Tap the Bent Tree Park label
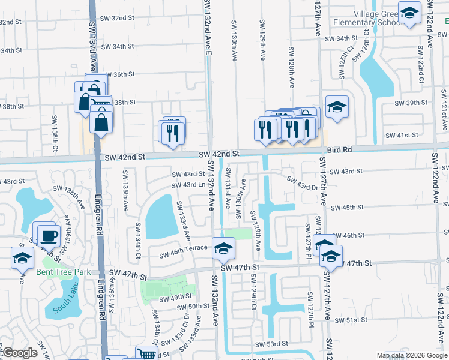(63, 272)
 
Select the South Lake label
(65, 309)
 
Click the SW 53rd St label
(272, 344)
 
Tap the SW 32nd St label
(117, 18)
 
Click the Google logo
(19, 353)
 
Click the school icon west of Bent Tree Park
(22, 258)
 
